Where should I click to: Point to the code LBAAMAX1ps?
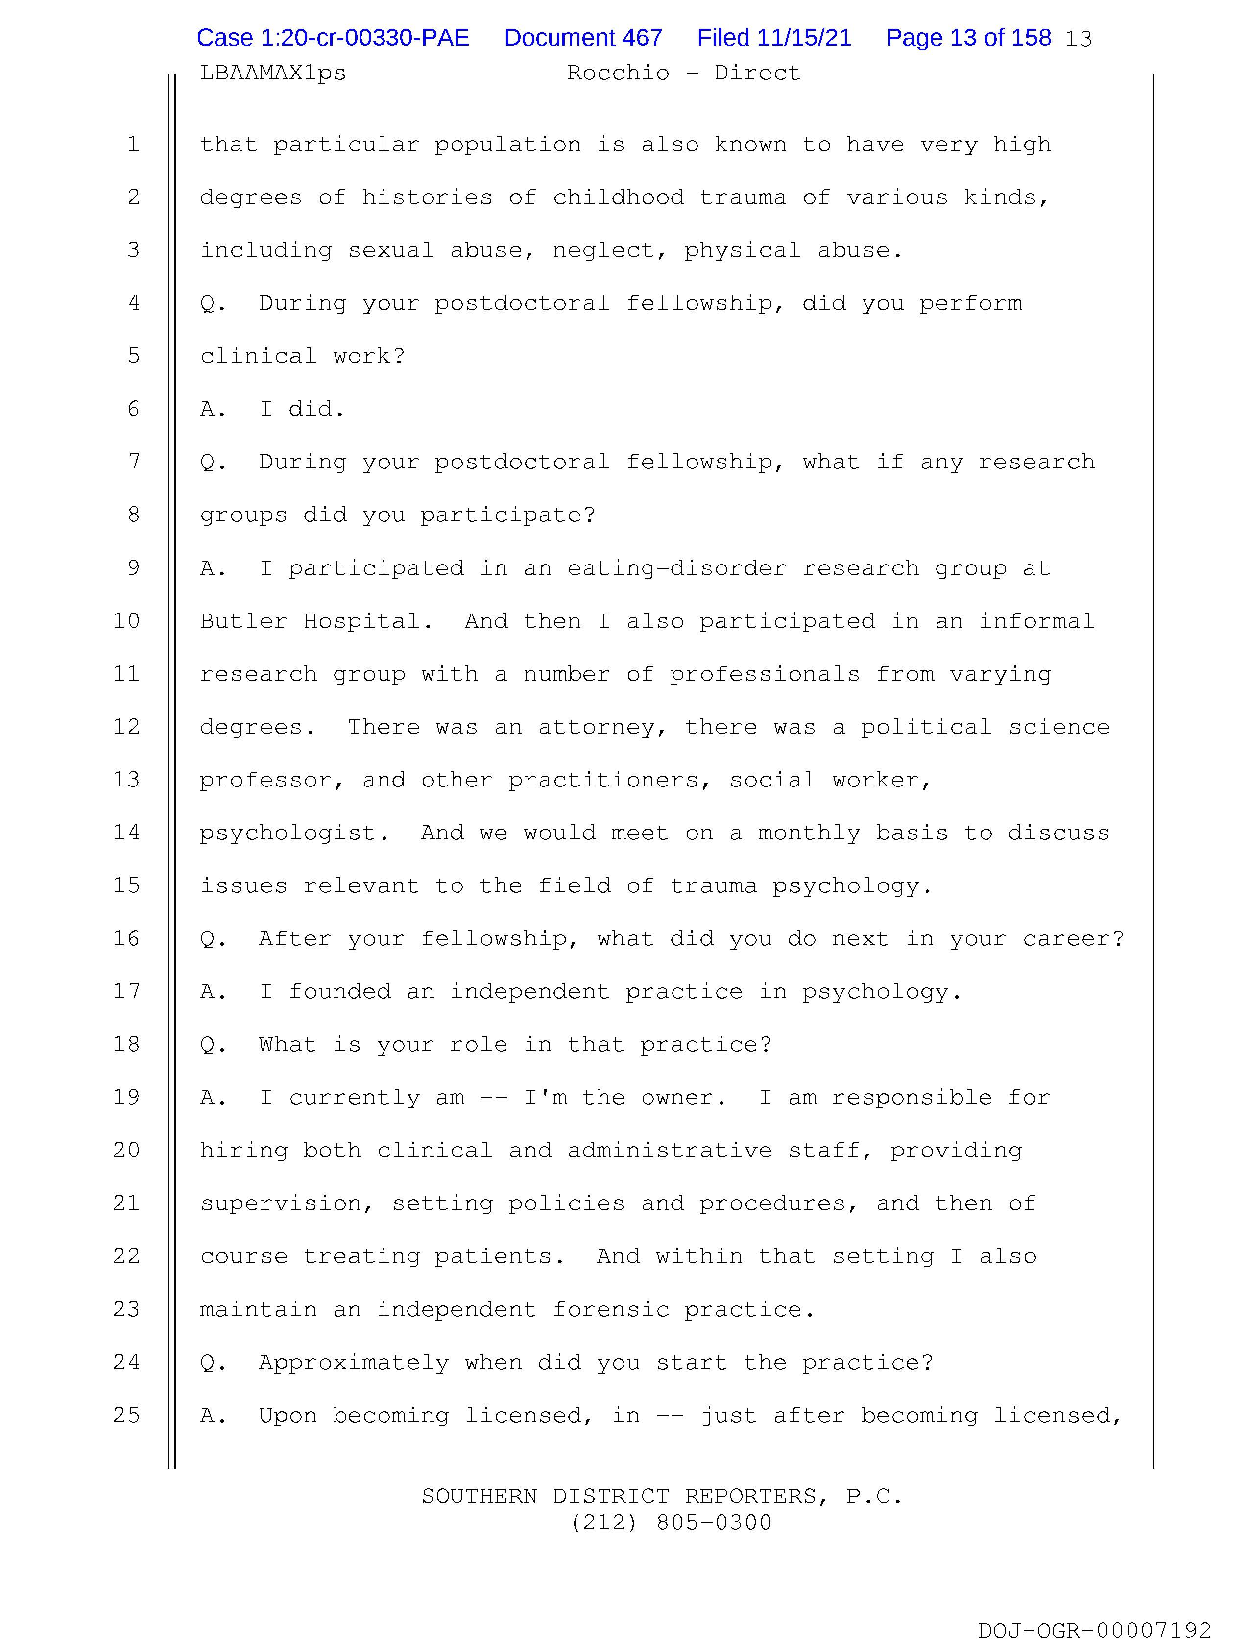tap(273, 73)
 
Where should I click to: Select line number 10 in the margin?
tap(126, 621)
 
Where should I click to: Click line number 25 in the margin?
tap(126, 1415)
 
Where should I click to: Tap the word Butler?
tap(243, 621)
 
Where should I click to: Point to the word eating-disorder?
tap(676, 568)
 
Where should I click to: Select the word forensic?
tap(611, 1310)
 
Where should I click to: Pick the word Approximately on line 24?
tap(354, 1362)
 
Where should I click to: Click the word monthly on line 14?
tap(809, 833)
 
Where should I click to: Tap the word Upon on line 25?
tap(288, 1415)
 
